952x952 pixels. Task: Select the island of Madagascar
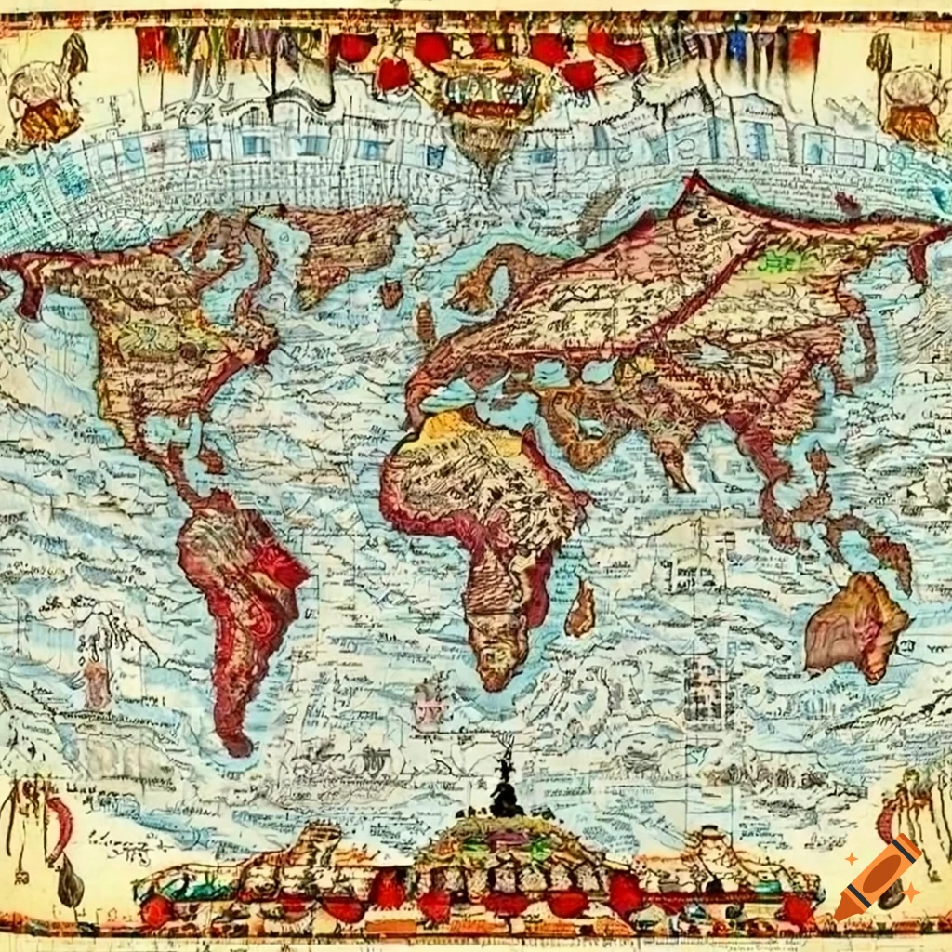(582, 609)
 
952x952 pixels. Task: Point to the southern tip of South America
(237, 744)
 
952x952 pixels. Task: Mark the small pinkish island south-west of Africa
(430, 693)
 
